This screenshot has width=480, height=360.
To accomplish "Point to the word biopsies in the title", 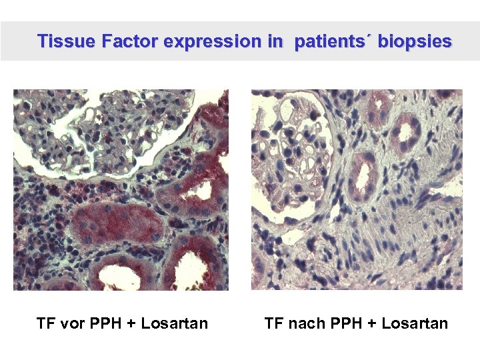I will (415, 41).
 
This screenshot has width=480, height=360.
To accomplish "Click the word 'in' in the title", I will (275, 41).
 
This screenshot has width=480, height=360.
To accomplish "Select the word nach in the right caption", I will (304, 324).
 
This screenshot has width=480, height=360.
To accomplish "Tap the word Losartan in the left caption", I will (176, 324).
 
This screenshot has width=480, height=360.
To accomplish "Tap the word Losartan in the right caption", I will (416, 324).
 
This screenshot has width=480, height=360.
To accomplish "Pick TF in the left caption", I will (45, 324).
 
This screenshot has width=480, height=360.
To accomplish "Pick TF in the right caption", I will (274, 324).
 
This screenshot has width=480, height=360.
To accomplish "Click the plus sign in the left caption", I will (131, 325).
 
